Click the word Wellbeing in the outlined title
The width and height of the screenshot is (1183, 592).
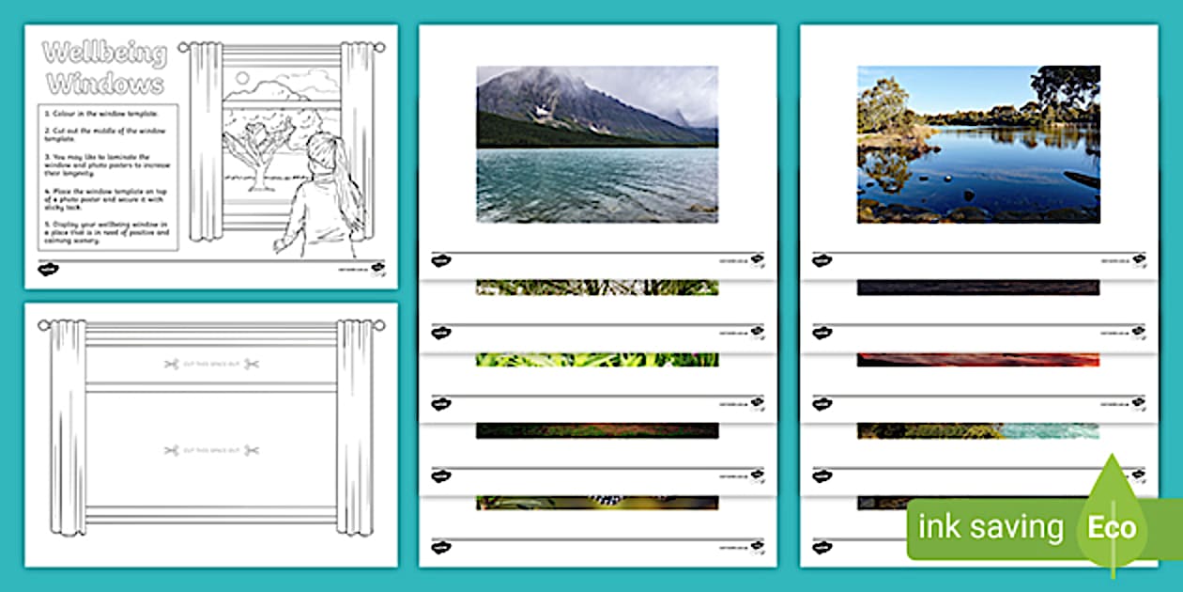click(105, 55)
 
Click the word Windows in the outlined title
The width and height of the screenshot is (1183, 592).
click(105, 85)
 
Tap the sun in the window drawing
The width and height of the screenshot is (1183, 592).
click(242, 78)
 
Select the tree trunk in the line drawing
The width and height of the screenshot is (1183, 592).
click(253, 174)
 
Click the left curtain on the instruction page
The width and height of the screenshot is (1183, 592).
click(202, 141)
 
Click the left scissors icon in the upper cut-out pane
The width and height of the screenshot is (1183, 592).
click(171, 364)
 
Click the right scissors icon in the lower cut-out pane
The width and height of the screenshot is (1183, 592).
click(251, 451)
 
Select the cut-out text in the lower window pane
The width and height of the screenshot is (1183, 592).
click(211, 451)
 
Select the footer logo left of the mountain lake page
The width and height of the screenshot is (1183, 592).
click(440, 260)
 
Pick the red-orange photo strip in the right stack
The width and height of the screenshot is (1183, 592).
click(977, 359)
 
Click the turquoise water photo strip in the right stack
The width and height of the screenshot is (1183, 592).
click(1047, 430)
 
